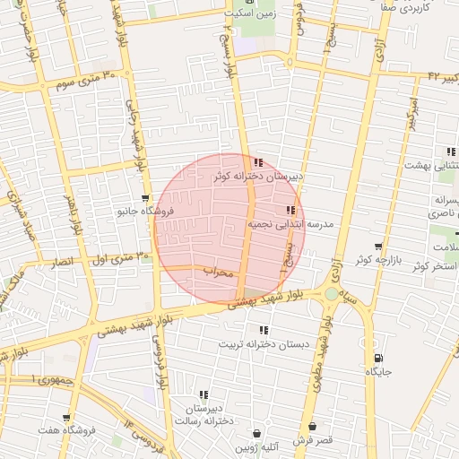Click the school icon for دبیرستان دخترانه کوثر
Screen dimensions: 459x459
(x=258, y=163)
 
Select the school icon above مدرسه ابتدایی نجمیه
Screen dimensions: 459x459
(x=290, y=211)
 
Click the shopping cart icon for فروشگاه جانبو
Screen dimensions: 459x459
(x=145, y=198)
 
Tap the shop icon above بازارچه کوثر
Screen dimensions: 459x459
(x=378, y=246)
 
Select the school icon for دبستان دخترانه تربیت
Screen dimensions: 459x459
(x=263, y=330)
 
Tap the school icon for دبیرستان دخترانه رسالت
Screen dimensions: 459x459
(x=204, y=394)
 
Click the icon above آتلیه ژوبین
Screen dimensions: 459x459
(x=257, y=432)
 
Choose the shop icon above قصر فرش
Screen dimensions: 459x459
(x=312, y=427)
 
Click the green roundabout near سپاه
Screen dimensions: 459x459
(x=333, y=293)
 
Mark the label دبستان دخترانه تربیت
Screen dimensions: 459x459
(x=270, y=344)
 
